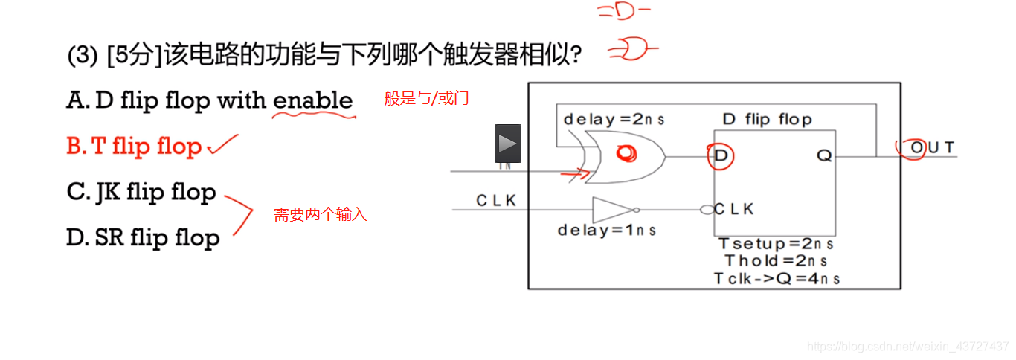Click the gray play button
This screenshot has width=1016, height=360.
508,144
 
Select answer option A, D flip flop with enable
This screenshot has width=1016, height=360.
209,100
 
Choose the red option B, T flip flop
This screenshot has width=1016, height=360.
134,147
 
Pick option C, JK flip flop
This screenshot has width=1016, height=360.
141,192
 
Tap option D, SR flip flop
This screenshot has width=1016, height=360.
143,238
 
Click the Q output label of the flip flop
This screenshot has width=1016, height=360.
823,156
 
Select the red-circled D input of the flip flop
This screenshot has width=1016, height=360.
721,155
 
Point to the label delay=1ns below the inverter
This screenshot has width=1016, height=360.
607,231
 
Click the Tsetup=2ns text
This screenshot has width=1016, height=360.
776,245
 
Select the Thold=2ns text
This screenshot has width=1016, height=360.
776,261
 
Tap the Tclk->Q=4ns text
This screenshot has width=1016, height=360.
777,279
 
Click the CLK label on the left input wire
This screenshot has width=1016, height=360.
496,201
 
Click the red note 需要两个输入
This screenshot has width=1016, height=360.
321,215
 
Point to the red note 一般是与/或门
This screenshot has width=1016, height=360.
419,98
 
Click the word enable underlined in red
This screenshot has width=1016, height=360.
313,100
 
